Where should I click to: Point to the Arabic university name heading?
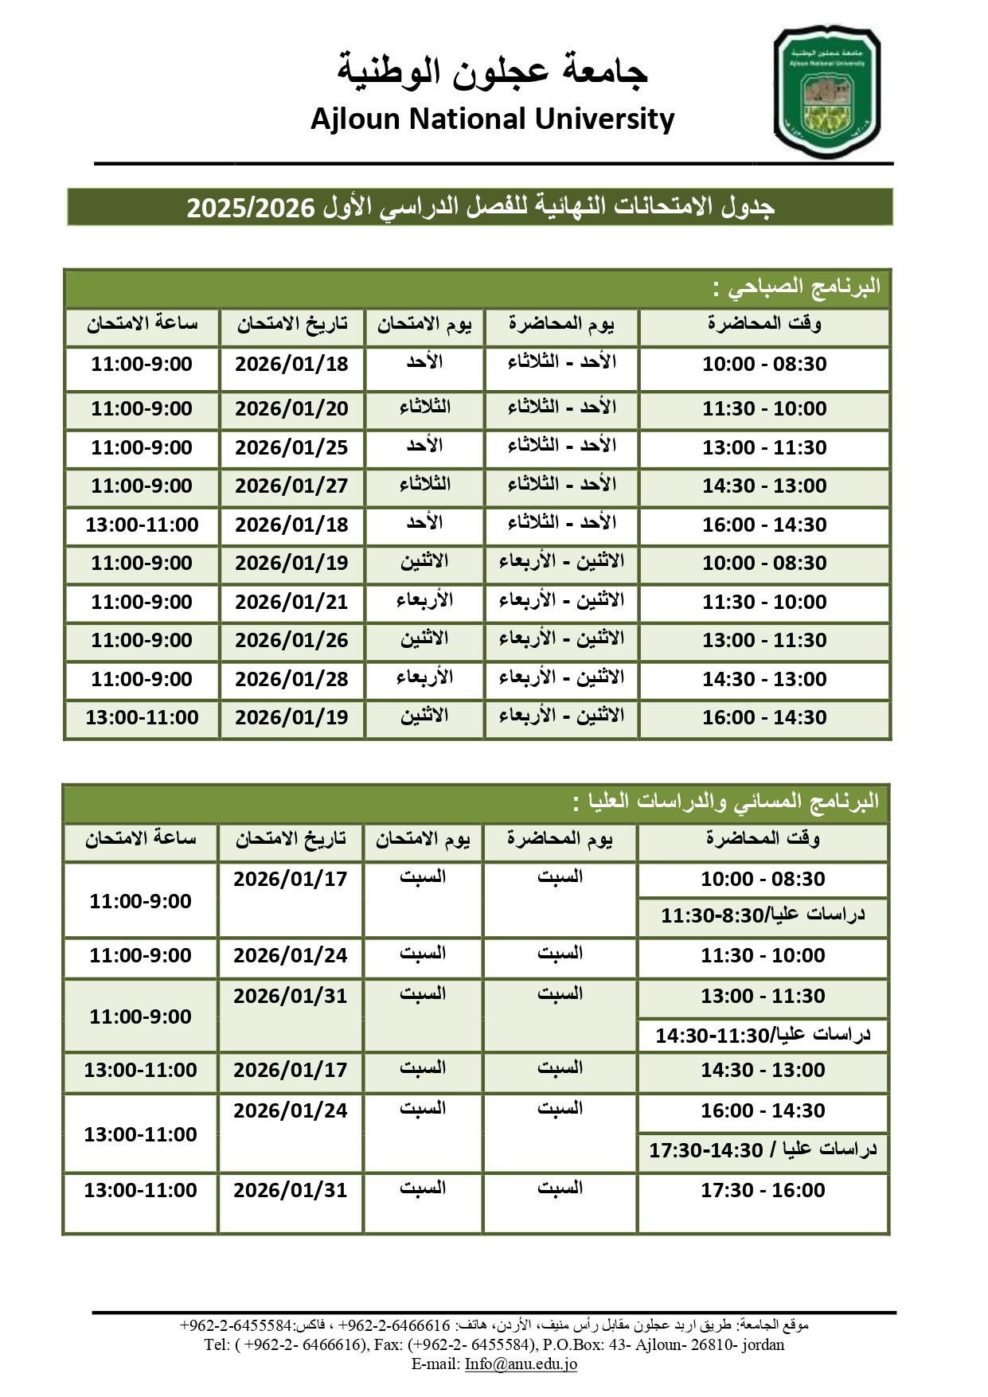point(493,70)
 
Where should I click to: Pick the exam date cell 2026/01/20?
point(291,409)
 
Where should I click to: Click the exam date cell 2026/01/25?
point(291,447)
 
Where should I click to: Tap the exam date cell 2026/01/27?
point(291,486)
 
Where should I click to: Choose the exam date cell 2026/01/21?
point(291,603)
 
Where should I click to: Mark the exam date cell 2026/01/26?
point(291,641)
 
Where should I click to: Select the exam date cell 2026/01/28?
point(291,680)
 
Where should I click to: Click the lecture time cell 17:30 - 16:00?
point(763,1191)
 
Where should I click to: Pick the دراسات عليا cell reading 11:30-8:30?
point(763,915)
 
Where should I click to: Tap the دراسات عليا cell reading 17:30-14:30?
point(763,1150)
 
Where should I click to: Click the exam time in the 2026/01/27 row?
point(142,486)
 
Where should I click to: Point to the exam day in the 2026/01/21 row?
point(424,601)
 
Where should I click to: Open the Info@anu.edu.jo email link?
point(521,1364)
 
